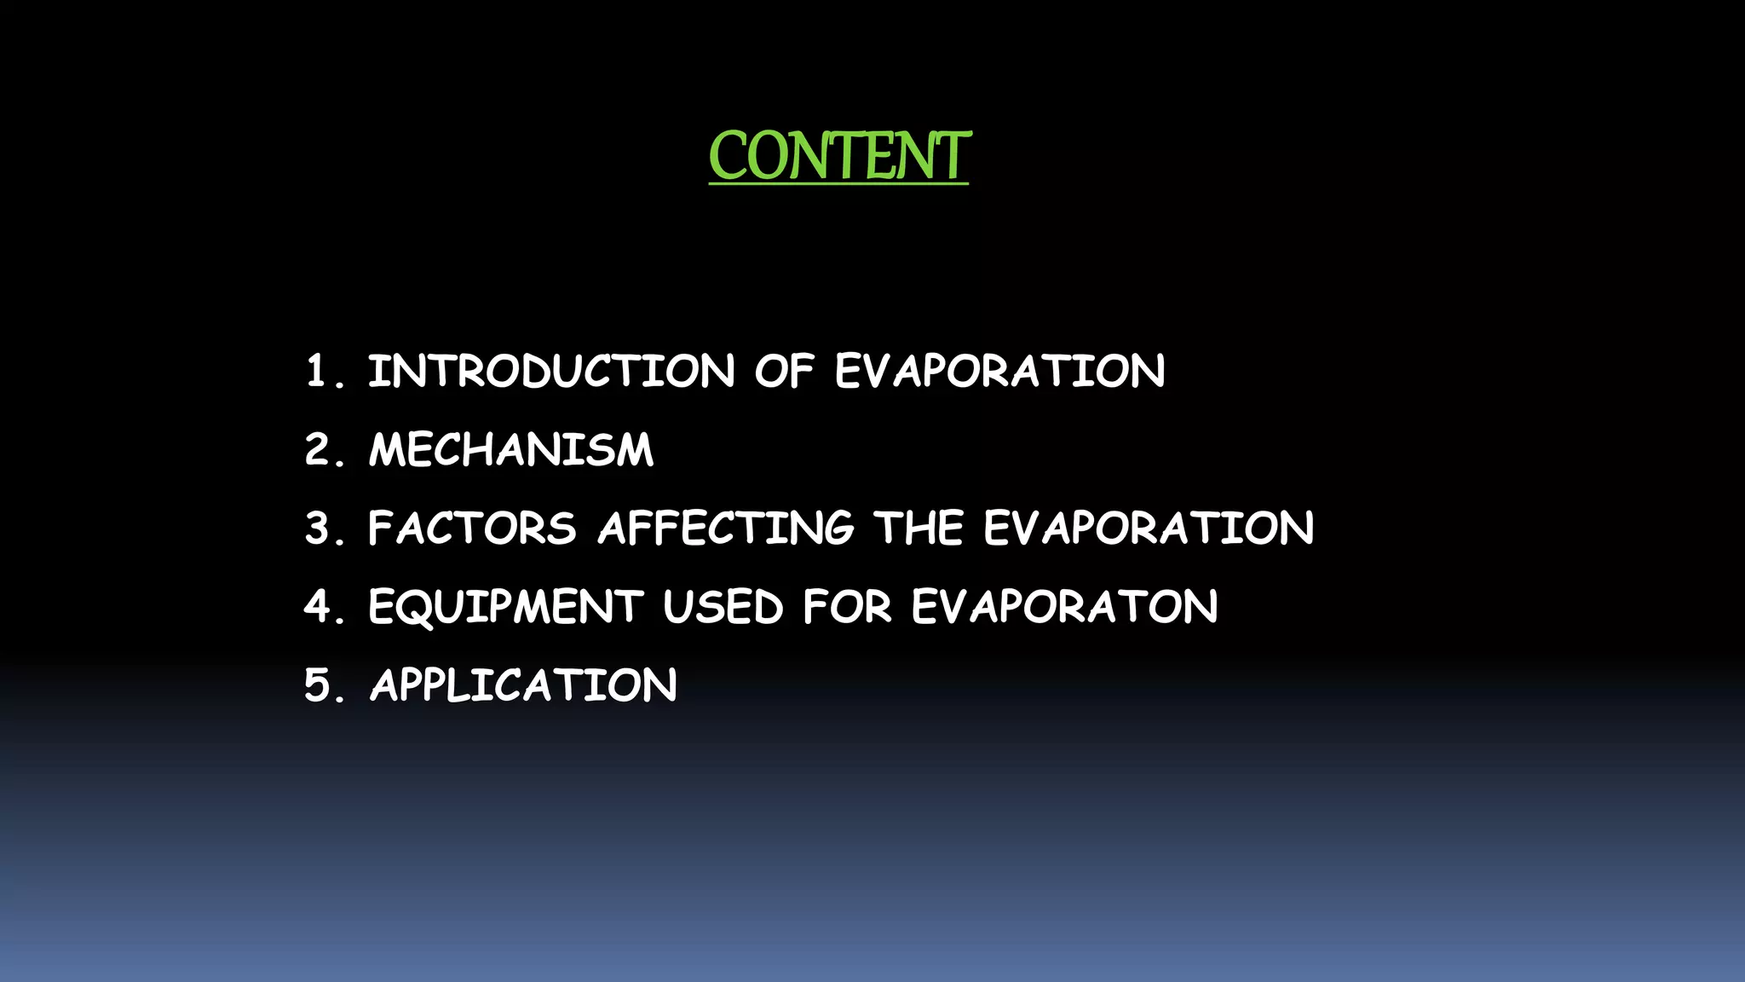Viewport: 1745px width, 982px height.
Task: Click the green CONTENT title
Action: point(839,156)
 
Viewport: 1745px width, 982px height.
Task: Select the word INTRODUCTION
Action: point(551,372)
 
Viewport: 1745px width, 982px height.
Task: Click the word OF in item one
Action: point(784,372)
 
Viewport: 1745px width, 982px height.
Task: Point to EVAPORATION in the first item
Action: point(999,372)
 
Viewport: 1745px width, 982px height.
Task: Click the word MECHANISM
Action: point(511,450)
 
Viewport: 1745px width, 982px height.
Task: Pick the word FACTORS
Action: point(473,529)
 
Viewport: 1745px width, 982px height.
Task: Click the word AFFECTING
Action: point(725,529)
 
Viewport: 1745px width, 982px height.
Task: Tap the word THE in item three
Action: point(919,529)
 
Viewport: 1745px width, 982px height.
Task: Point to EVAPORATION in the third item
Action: point(1149,529)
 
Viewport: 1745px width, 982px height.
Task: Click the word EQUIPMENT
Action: point(506,607)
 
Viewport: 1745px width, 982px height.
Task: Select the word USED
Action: point(723,607)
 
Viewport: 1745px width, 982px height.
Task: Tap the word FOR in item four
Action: point(847,607)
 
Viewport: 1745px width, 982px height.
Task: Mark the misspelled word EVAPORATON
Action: point(1064,607)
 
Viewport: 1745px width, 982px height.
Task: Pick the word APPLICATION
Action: point(523,685)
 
